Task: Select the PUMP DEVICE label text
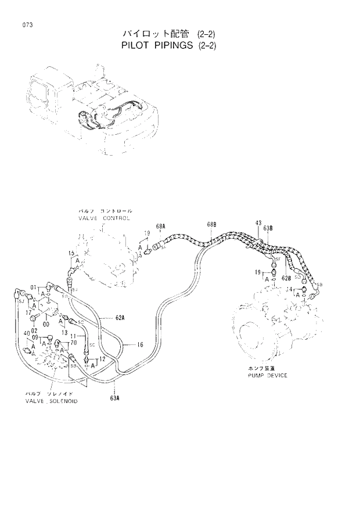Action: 265,375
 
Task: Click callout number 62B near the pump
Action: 286,278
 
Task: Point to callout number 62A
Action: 120,318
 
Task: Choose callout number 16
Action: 140,344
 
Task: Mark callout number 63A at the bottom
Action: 114,397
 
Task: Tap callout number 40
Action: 26,332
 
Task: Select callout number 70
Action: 73,343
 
